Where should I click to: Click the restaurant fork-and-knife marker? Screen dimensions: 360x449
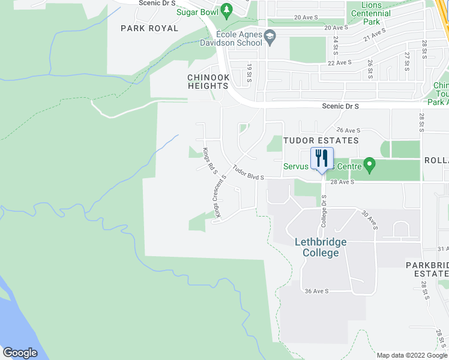tap(322, 159)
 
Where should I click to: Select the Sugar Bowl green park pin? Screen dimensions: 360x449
tap(226, 10)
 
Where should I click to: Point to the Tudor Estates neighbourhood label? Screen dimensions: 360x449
tap(321, 140)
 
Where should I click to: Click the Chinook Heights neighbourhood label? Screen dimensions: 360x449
tap(208, 82)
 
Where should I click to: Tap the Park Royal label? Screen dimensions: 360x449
tap(149, 28)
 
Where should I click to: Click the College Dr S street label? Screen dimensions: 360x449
tap(324, 211)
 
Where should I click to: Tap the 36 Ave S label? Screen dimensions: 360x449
tap(316, 291)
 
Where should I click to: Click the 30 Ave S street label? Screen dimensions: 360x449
tap(369, 220)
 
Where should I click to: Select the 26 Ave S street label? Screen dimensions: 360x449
tap(348, 130)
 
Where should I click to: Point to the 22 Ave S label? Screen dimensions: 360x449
tap(339, 62)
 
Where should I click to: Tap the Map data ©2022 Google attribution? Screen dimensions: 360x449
tap(412, 355)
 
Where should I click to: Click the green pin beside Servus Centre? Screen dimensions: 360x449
tap(370, 164)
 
